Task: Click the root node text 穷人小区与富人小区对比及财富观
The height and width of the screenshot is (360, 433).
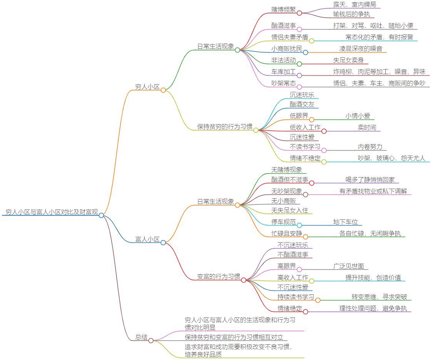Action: (x=52, y=212)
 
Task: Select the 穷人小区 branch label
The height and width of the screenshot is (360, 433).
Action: (x=147, y=86)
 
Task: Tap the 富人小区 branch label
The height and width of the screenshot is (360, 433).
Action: (x=147, y=239)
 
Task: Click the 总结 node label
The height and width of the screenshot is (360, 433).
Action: (x=141, y=337)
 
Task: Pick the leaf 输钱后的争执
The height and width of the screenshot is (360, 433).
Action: (x=351, y=14)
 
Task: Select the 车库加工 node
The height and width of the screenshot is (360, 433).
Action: (x=283, y=72)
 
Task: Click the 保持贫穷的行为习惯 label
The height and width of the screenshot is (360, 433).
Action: (x=225, y=126)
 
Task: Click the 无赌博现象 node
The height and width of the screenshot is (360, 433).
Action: (x=286, y=169)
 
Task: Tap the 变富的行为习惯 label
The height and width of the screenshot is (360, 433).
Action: (x=218, y=276)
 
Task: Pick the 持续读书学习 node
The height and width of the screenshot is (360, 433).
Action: (x=296, y=297)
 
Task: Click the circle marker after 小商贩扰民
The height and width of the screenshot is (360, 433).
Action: (x=305, y=52)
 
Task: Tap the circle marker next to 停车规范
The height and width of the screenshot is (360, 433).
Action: (x=299, y=225)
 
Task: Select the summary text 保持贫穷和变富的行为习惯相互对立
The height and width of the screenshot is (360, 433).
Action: (x=234, y=337)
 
